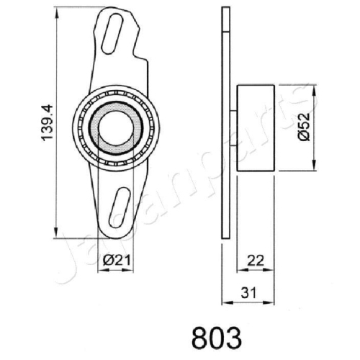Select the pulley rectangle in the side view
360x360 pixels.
coord(255,127)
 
